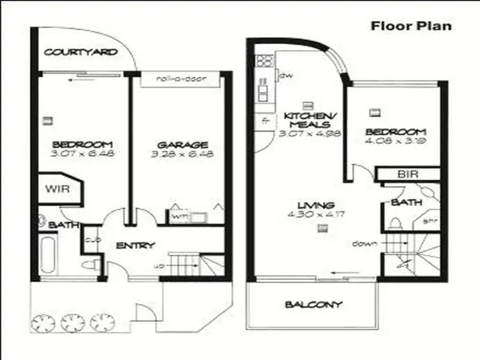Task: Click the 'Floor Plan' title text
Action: [412, 26]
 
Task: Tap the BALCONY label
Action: [314, 304]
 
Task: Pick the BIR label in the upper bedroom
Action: [404, 174]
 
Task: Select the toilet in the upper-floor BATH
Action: [396, 224]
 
